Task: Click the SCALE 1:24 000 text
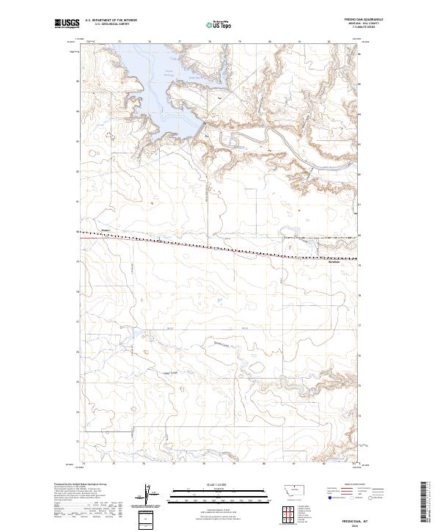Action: [x=219, y=485]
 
